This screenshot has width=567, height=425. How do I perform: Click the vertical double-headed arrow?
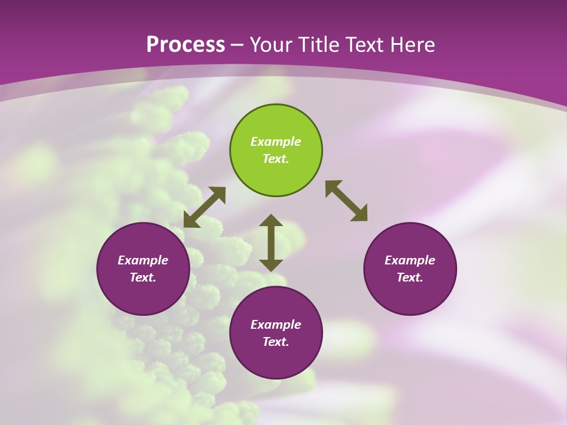click(271, 243)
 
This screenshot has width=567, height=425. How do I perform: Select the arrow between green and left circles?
click(204, 207)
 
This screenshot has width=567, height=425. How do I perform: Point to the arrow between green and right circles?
click(346, 201)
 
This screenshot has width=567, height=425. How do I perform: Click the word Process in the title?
click(185, 45)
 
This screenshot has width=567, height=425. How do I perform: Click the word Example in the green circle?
click(276, 142)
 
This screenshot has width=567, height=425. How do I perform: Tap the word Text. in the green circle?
click(276, 159)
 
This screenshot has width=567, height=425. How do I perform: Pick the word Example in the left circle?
click(143, 260)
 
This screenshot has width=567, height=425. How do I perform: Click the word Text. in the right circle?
click(410, 277)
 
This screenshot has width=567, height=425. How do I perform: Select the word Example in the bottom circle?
click(276, 325)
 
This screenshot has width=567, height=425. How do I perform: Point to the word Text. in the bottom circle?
click(276, 342)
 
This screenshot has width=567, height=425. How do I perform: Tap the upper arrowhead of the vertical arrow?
click(271, 221)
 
